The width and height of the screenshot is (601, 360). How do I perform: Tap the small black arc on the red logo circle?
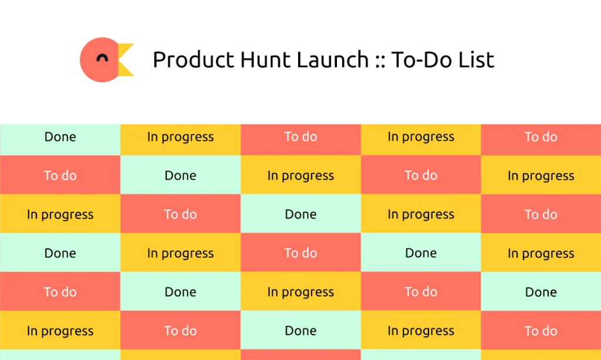[x=102, y=58]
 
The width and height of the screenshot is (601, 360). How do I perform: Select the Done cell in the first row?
[x=60, y=137]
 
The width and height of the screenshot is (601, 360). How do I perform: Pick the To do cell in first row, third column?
[x=300, y=137]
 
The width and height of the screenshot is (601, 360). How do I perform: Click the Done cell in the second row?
[x=180, y=176]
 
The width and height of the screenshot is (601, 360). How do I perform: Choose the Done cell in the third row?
[x=300, y=214]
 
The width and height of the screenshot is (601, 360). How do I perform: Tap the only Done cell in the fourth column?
[x=421, y=253]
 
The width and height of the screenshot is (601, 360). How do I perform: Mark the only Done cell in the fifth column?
[x=541, y=292]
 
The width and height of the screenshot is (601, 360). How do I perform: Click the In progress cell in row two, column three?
[x=300, y=176]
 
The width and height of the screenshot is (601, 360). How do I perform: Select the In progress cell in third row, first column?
[x=60, y=214]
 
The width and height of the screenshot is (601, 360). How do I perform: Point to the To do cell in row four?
[x=300, y=253]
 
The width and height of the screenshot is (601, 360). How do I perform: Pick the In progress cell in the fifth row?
[x=300, y=292]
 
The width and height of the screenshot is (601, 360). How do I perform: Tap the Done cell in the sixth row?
[x=300, y=331]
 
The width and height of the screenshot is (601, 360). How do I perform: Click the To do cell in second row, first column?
[x=60, y=176]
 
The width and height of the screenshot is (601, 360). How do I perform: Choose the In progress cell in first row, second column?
[x=180, y=137]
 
